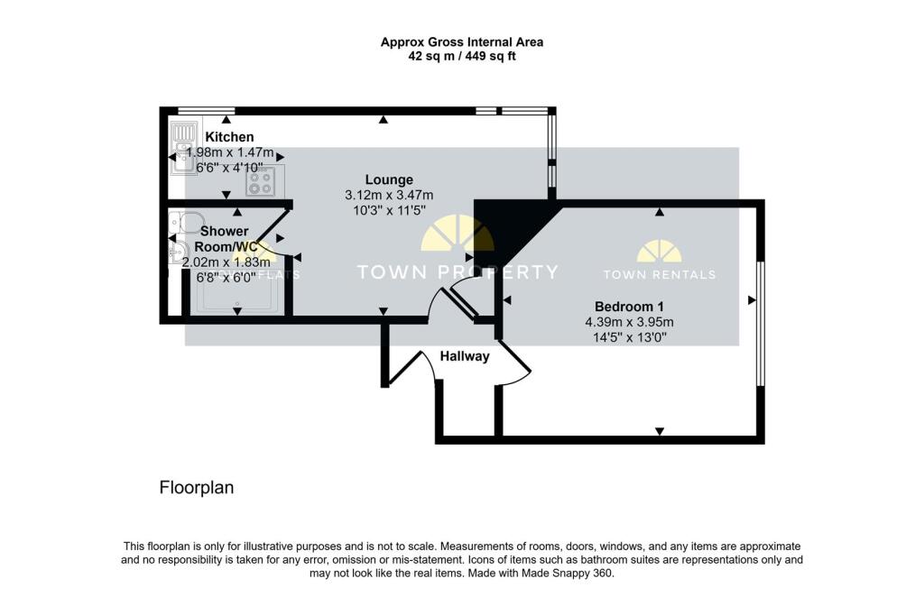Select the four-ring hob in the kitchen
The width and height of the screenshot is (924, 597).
pyautogui.click(x=262, y=182)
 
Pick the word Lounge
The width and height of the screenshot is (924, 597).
pyautogui.click(x=389, y=179)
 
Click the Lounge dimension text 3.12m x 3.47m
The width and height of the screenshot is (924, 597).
pyautogui.click(x=389, y=195)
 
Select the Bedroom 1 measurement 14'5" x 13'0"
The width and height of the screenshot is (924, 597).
pyautogui.click(x=629, y=338)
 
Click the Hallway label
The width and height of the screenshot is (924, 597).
pyautogui.click(x=465, y=356)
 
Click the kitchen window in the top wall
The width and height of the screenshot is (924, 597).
pyautogui.click(x=200, y=111)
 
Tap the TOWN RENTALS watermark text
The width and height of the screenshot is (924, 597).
pyautogui.click(x=660, y=274)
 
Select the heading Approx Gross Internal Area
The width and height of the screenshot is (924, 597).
pyautogui.click(x=461, y=41)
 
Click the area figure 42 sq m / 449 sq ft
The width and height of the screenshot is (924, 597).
pyautogui.click(x=461, y=56)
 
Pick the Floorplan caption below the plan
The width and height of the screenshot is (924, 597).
pyautogui.click(x=197, y=488)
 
